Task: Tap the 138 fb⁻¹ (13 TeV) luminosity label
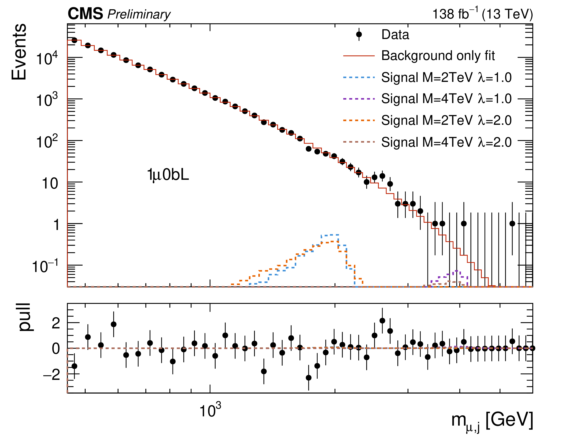[482, 14]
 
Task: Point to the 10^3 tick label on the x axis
[210, 410]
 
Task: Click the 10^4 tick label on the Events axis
[47, 59]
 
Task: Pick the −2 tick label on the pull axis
[51, 375]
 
